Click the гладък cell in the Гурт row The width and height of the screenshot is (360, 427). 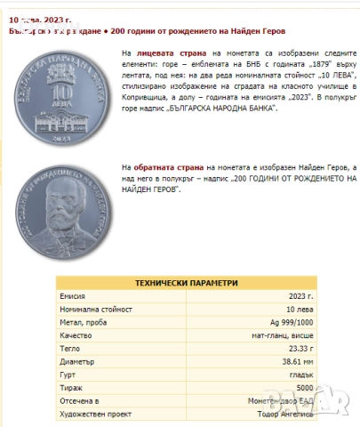coord(300,375)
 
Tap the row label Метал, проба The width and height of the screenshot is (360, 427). coord(83,321)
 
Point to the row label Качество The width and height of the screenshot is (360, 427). coord(76,335)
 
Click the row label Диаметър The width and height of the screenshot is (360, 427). coord(76,362)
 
